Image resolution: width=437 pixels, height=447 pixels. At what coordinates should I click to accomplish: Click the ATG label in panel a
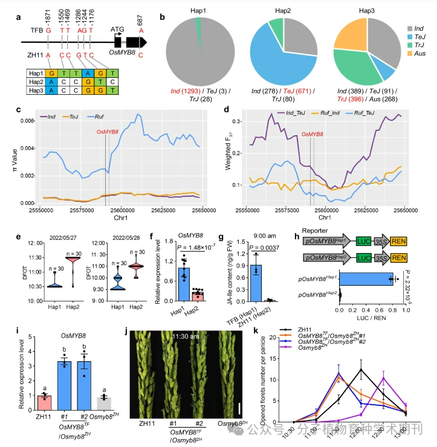[x=117, y=28]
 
